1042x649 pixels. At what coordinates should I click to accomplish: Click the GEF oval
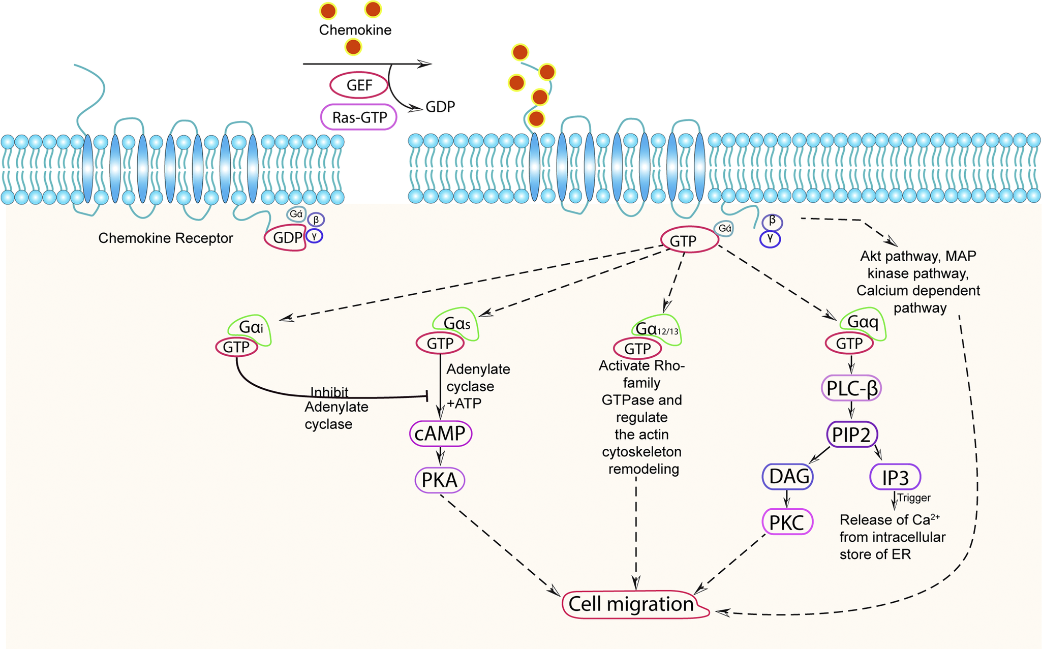point(359,85)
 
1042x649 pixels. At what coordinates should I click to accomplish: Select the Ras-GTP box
point(359,117)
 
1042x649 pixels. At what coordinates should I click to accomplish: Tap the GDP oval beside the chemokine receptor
point(286,238)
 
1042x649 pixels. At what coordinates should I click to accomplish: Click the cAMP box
point(441,434)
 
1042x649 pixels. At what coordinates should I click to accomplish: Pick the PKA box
point(440,480)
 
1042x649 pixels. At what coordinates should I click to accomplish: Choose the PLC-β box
point(851,389)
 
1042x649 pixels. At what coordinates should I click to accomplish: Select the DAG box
point(788,476)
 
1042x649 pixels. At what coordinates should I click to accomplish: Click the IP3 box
point(895,477)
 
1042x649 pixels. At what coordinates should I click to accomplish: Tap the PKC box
point(787,522)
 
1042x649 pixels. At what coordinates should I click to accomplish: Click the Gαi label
point(251,327)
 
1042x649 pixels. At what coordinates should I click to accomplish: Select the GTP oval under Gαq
point(849,344)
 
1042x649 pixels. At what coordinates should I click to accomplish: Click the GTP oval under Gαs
point(440,344)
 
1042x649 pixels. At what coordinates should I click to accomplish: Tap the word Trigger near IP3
point(914,498)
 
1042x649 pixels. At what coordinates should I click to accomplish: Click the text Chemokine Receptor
point(166,238)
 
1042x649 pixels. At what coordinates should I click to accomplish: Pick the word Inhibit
point(329,392)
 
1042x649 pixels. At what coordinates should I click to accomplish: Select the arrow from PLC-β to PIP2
point(851,411)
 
